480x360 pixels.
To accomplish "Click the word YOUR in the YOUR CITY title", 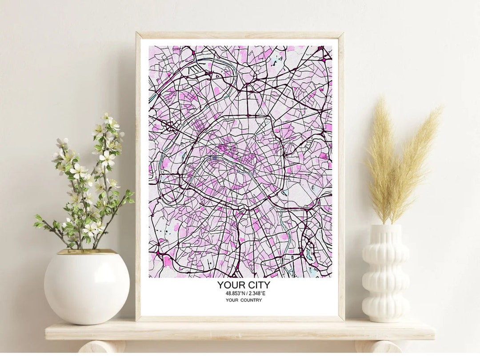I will (x=228, y=285).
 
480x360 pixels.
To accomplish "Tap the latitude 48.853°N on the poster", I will (x=235, y=293).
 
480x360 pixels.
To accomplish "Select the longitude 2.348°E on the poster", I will (x=256, y=293).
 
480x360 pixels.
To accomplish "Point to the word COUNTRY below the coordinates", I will (x=251, y=300).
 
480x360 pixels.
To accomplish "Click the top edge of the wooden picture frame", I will (x=240, y=35).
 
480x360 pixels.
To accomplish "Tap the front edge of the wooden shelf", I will (x=240, y=334).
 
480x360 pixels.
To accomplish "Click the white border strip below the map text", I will (x=240, y=310).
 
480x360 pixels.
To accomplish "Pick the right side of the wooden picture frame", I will (x=341, y=178).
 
